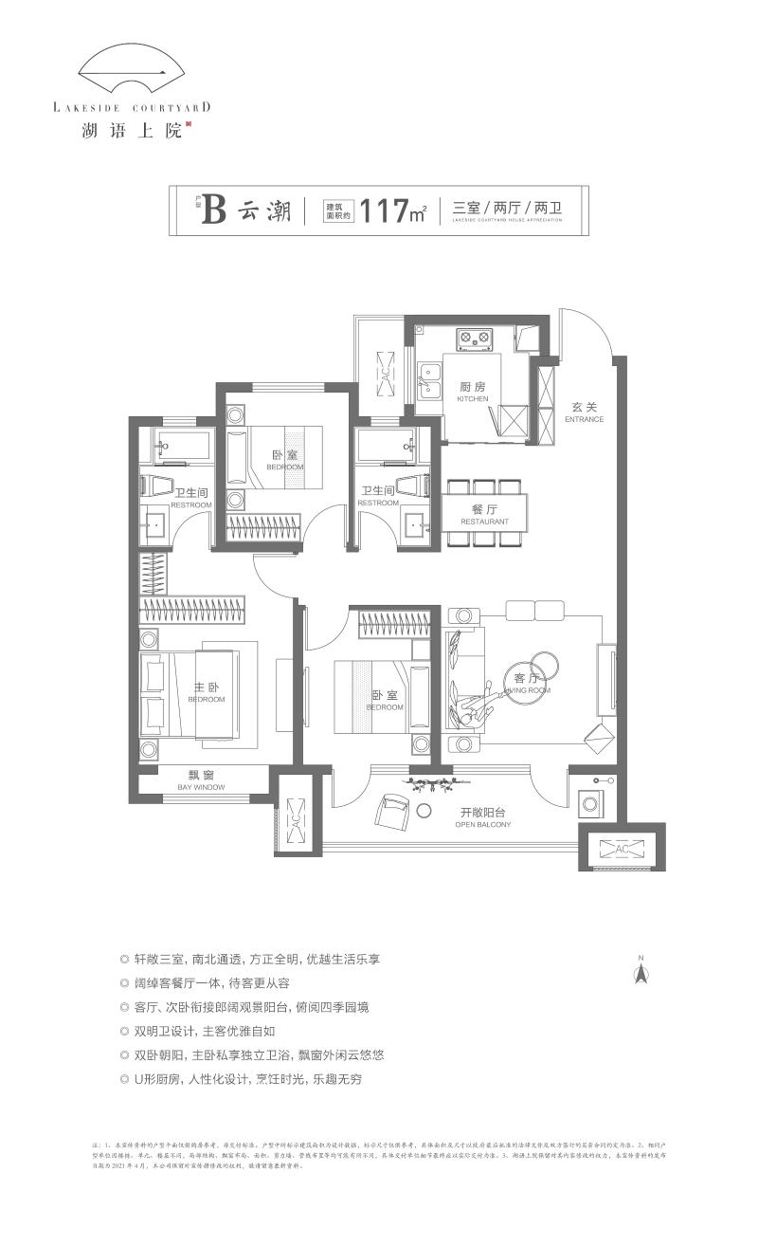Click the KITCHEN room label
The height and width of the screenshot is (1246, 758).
(x=473, y=392)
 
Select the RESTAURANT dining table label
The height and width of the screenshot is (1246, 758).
(x=484, y=515)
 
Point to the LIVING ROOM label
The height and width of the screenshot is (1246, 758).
(x=526, y=684)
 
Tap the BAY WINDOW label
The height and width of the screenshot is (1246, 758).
(x=201, y=780)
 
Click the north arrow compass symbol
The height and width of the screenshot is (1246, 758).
(x=641, y=971)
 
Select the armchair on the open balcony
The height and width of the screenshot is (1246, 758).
(x=391, y=812)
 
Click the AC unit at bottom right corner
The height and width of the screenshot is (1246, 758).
(x=622, y=849)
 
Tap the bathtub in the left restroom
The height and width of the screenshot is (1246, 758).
(x=185, y=444)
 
